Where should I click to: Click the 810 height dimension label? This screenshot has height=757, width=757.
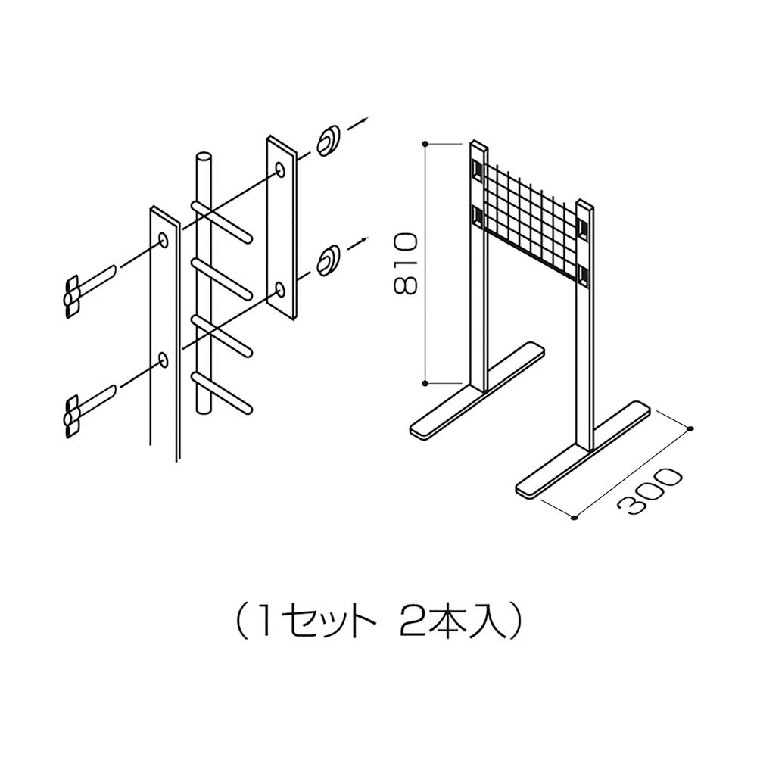(x=404, y=263)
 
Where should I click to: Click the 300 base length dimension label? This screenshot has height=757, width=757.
(x=650, y=489)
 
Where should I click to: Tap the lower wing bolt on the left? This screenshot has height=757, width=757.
(x=90, y=410)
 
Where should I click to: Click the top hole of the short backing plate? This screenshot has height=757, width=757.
(x=279, y=170)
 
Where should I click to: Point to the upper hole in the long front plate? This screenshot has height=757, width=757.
(x=164, y=240)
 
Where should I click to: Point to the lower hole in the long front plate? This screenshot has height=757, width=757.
(x=164, y=360)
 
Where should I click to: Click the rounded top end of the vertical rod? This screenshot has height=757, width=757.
(x=204, y=157)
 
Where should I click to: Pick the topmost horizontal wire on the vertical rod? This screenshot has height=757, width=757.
(x=222, y=220)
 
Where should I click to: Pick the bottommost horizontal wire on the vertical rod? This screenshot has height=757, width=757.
(x=222, y=392)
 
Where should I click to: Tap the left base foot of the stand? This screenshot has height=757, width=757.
(x=477, y=391)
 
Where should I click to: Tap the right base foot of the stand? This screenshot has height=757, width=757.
(x=583, y=449)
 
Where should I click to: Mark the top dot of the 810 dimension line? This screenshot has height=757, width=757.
(x=425, y=144)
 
